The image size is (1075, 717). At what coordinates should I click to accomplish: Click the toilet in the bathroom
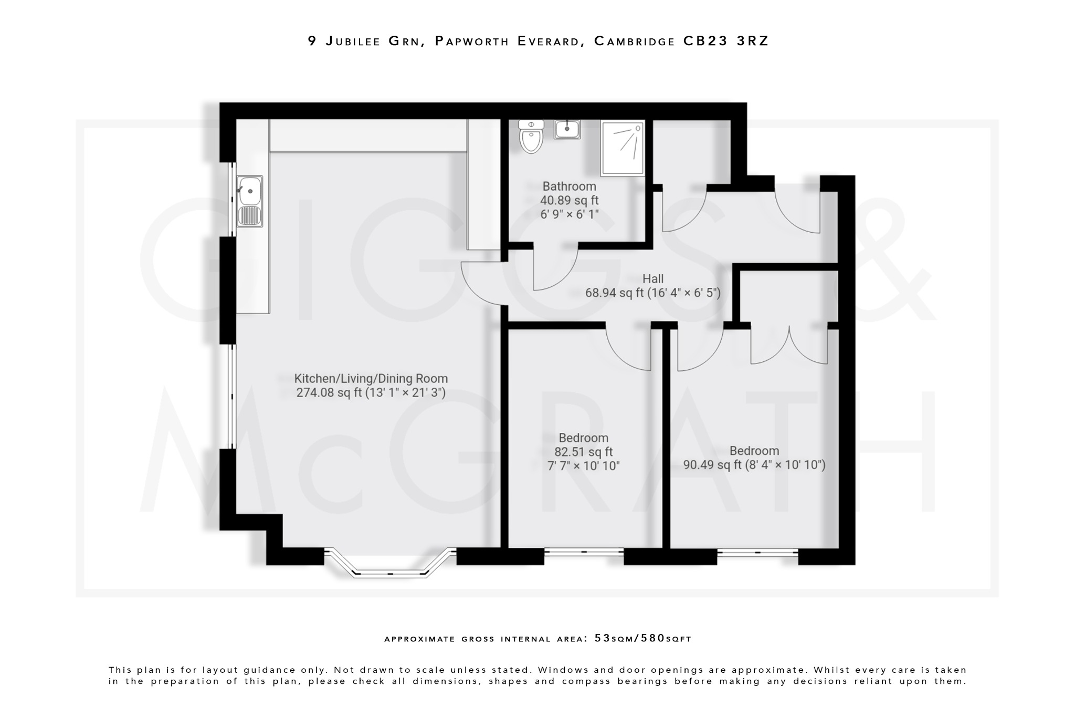531,138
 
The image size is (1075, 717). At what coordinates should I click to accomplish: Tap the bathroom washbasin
567,129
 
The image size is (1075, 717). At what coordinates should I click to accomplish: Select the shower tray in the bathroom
623,148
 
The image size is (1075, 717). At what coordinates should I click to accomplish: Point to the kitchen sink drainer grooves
250,215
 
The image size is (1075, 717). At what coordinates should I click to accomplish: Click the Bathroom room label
569,186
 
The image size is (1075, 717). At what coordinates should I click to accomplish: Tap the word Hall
653,279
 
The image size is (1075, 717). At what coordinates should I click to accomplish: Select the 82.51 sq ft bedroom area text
583,452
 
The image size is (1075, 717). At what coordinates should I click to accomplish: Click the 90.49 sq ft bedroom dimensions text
754,465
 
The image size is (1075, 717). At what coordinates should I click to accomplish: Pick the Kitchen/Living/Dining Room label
371,379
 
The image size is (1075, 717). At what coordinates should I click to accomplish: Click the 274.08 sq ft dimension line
371,393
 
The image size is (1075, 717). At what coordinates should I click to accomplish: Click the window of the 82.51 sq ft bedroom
584,552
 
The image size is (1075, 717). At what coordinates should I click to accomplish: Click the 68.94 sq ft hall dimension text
653,293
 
